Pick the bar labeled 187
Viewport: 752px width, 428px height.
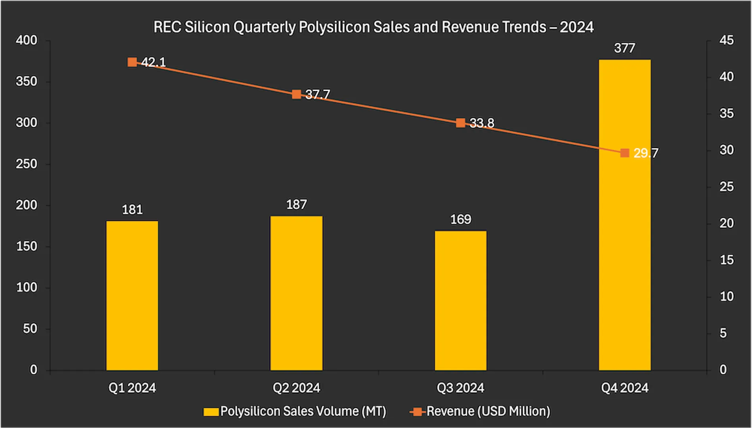pos(296,293)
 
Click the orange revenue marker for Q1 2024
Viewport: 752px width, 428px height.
pos(132,62)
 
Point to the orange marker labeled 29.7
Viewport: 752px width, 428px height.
pos(625,153)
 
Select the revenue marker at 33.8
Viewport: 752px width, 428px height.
pos(460,123)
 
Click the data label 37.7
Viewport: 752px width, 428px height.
pos(317,95)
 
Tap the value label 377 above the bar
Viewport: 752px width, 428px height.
pos(625,48)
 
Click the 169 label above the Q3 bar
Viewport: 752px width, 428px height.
pos(460,220)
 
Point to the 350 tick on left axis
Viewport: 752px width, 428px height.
pos(26,82)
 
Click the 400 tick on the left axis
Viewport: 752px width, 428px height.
pos(26,40)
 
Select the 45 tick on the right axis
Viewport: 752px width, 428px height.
pos(727,40)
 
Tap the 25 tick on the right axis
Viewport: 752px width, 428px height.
pos(727,187)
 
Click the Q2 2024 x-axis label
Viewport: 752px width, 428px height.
pos(296,388)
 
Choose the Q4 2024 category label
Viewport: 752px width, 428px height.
pos(625,388)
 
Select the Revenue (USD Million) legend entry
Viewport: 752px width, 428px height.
pos(488,411)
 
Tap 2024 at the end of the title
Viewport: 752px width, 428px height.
pos(577,27)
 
